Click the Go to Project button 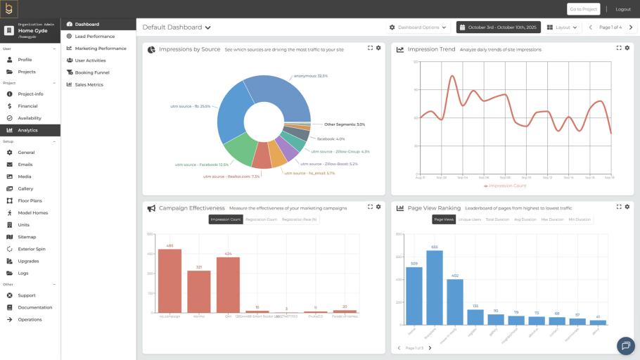click(x=584, y=9)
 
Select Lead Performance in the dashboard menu click(x=94, y=36)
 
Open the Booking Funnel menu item click(x=91, y=72)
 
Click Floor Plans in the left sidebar click(x=30, y=200)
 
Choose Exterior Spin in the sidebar click(x=31, y=249)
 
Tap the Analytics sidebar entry click(x=27, y=130)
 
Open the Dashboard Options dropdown click(x=419, y=27)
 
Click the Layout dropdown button click(x=562, y=27)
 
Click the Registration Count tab click(x=261, y=219)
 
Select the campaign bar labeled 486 click(x=169, y=280)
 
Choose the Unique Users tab click(x=469, y=219)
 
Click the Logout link click(x=622, y=9)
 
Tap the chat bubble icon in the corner click(x=625, y=345)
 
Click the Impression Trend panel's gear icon click(x=627, y=48)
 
